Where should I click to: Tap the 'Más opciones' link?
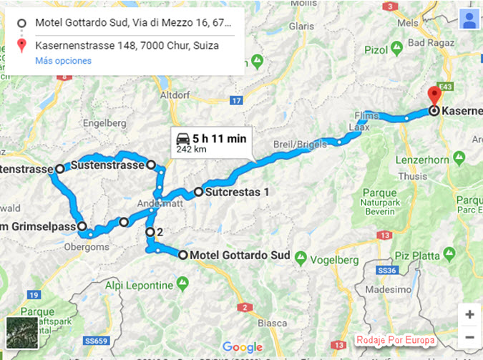[64, 61]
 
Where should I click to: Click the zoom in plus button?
[469, 314]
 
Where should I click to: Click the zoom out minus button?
[469, 336]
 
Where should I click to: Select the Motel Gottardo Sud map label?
[240, 256]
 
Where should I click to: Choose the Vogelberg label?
[334, 260]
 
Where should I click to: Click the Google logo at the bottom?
[242, 347]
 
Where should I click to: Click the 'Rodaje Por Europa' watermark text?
[394, 340]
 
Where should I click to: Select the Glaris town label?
[301, 26]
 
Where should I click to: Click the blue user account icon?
[469, 20]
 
